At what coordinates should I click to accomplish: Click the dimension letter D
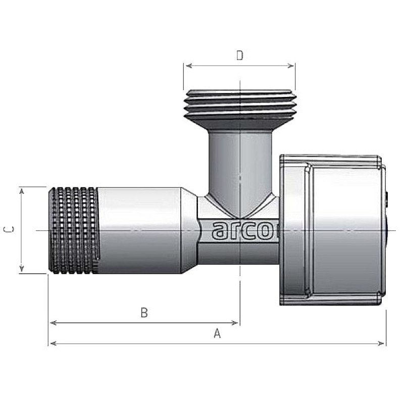tap(239, 56)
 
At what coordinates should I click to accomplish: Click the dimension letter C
tap(9, 229)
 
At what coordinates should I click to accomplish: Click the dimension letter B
tap(144, 313)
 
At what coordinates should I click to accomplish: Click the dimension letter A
tap(217, 333)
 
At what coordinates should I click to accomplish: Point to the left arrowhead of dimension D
tap(189, 66)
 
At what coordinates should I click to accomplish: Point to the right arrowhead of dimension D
tap(290, 66)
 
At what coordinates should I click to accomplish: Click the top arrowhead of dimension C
tap(22, 191)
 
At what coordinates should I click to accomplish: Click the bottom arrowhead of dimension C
tap(22, 269)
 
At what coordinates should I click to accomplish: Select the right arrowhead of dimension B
tap(235, 323)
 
